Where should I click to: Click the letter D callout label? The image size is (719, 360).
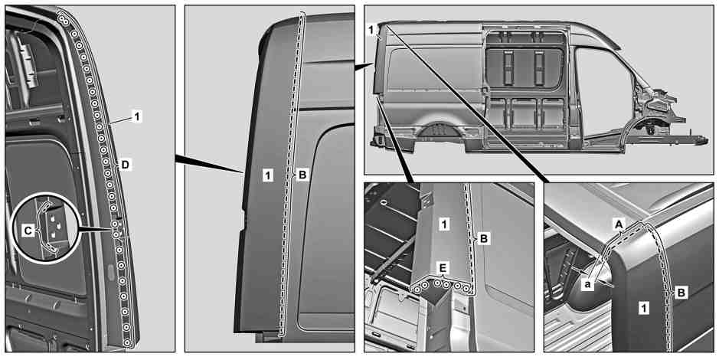(x=125, y=165)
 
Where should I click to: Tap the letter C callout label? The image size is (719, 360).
(x=28, y=231)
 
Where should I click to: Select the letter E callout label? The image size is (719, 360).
(x=443, y=268)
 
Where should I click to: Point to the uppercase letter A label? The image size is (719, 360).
(x=619, y=224)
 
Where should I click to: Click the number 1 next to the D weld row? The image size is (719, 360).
(x=136, y=117)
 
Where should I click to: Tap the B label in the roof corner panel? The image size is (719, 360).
(x=681, y=293)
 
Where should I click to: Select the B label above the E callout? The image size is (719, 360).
(x=485, y=238)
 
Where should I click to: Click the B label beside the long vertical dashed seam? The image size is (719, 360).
(x=302, y=175)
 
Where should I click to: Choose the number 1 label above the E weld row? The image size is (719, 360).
(x=443, y=224)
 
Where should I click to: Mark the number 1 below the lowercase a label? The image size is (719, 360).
(x=644, y=309)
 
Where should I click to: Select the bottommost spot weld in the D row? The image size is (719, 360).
(x=128, y=342)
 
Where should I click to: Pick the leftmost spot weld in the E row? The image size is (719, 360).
(x=417, y=289)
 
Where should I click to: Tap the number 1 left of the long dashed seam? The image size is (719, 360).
(x=269, y=175)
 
